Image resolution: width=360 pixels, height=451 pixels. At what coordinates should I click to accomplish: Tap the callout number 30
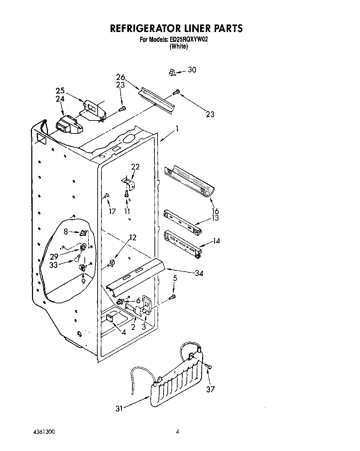point(192,70)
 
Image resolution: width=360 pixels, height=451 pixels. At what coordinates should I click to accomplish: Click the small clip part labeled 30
point(172,72)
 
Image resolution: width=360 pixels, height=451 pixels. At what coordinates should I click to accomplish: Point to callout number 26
point(120,77)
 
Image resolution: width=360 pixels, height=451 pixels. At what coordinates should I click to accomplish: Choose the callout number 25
point(60,91)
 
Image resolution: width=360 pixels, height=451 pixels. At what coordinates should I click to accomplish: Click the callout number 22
point(135,167)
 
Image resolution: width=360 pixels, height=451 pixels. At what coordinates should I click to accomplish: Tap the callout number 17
point(112,211)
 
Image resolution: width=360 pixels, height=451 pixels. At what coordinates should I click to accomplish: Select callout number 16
point(215,211)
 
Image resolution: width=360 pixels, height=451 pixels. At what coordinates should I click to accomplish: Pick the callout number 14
point(216,241)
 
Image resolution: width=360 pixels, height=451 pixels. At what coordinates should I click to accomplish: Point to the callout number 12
point(133,238)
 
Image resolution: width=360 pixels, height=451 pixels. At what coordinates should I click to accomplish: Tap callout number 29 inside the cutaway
point(54,257)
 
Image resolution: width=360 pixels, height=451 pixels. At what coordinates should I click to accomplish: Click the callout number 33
point(53,265)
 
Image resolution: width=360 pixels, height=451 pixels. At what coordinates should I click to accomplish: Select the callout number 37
point(211,389)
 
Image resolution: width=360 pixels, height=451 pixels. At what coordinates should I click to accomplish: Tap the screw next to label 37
point(208,366)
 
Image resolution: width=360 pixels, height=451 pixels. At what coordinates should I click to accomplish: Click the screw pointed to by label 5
point(173,297)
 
